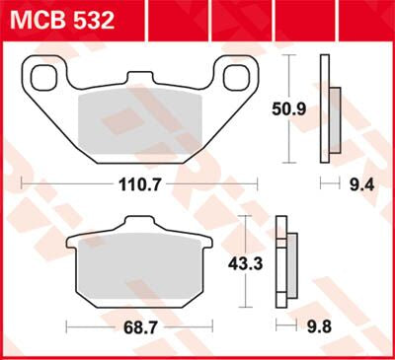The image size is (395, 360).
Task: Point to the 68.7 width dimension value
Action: [x=138, y=324]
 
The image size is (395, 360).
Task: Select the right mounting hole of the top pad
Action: [x=238, y=76]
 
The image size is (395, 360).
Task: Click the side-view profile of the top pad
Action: [x=327, y=108]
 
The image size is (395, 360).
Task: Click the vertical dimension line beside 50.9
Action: [x=289, y=108]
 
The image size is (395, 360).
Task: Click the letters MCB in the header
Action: [x=35, y=19]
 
